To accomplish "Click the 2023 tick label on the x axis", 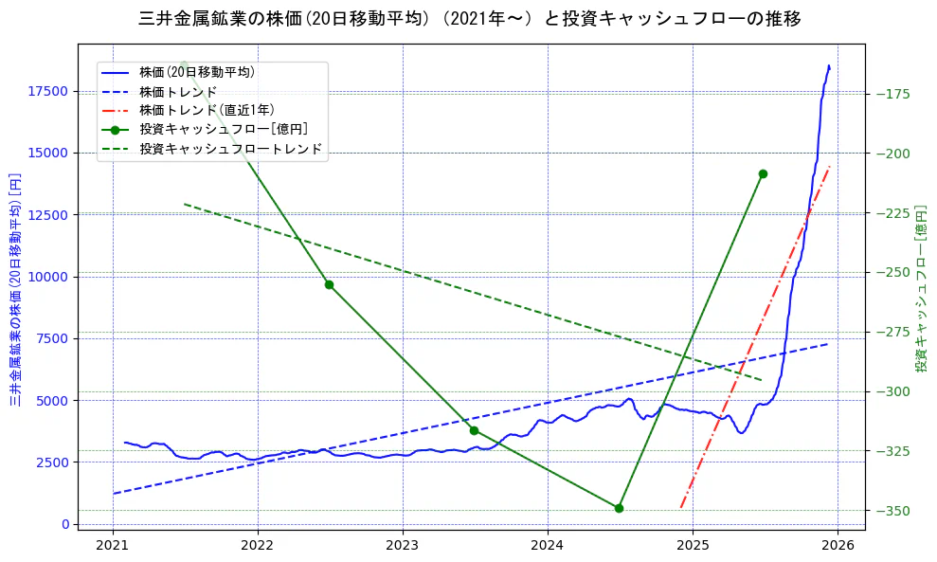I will [x=403, y=546].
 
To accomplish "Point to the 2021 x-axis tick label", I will [x=113, y=546].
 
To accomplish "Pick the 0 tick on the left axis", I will [x=65, y=524].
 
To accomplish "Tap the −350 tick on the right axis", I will [x=893, y=511].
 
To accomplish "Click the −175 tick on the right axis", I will [x=893, y=94].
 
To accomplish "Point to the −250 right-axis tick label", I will [x=893, y=273].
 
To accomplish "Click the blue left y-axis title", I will [x=15, y=289].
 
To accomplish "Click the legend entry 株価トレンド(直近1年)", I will [x=207, y=110].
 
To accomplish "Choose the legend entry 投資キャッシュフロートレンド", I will [x=230, y=149].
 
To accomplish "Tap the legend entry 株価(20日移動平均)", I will [x=196, y=72].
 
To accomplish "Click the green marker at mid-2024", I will [x=619, y=508].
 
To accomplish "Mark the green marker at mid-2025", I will [x=763, y=173].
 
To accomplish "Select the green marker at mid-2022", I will [x=329, y=284].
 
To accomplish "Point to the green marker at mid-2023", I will [x=474, y=430].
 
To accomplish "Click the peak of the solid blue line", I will [x=829, y=65].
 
